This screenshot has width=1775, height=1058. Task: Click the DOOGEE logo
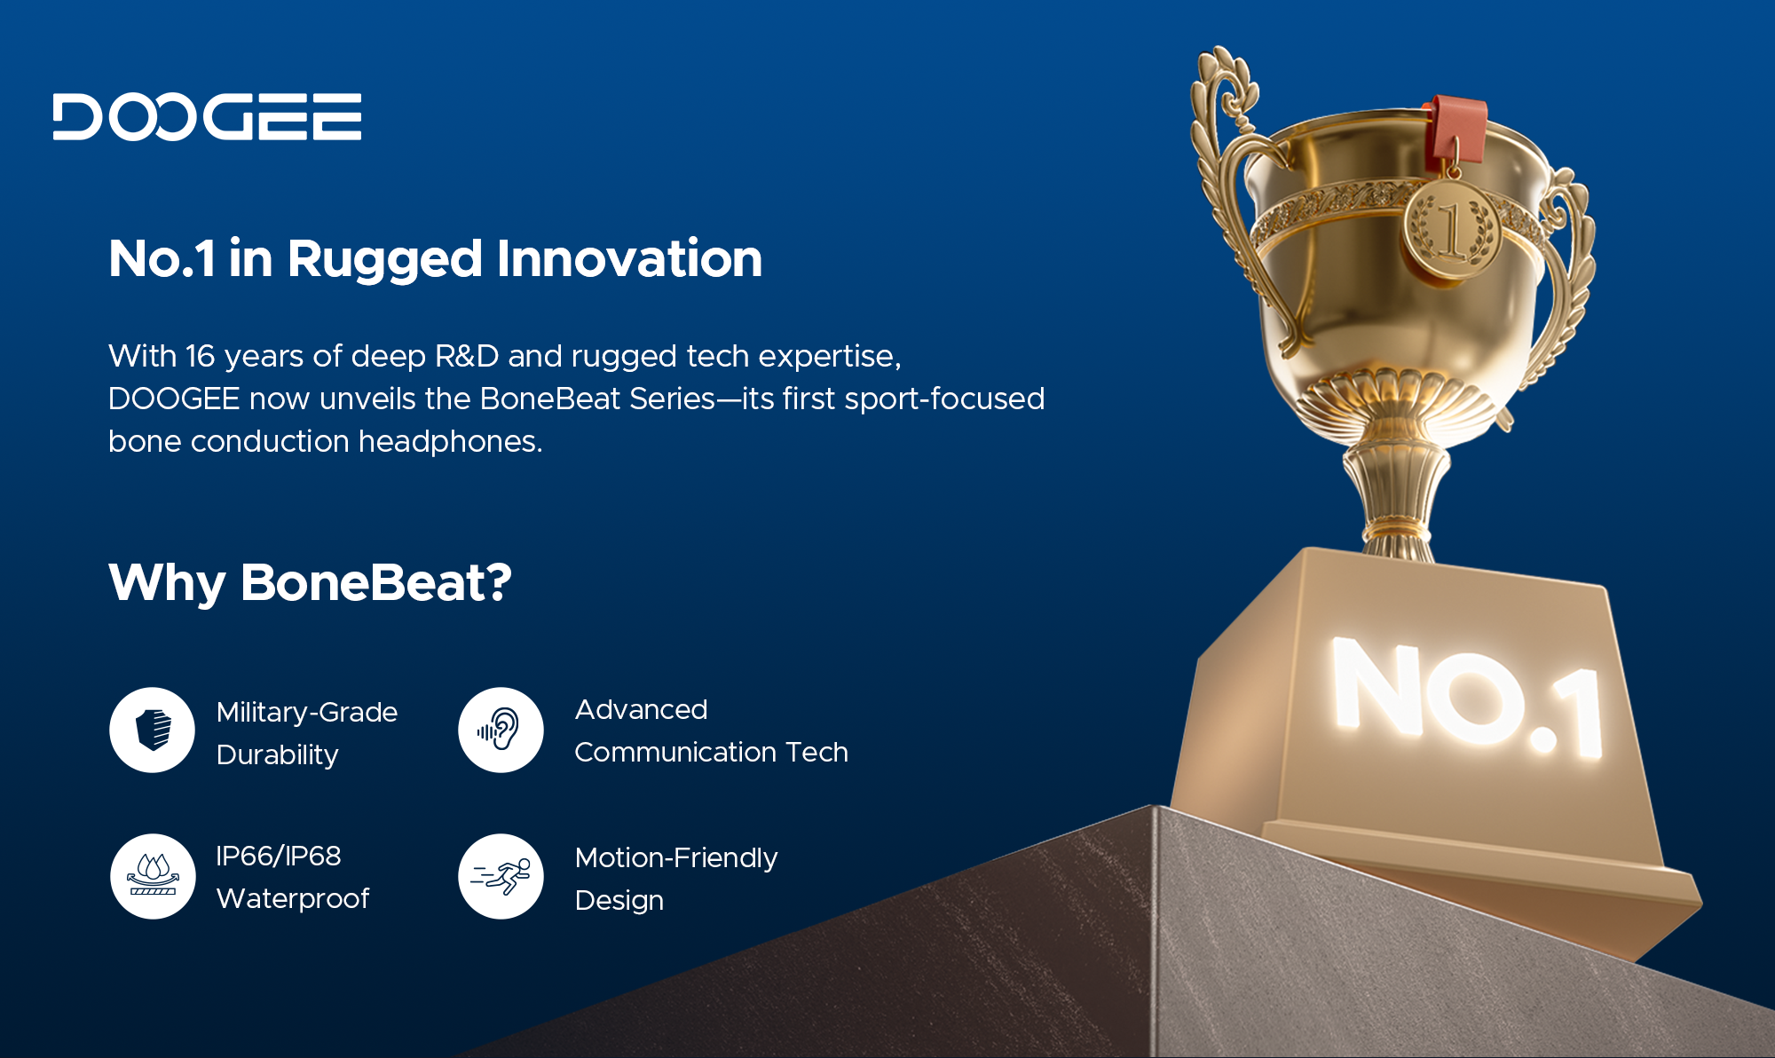(207, 116)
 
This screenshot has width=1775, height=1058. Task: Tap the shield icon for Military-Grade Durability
(153, 730)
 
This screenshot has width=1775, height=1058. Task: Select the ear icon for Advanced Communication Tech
(501, 730)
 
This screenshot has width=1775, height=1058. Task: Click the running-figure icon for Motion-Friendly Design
(501, 876)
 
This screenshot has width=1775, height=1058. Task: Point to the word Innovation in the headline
(629, 258)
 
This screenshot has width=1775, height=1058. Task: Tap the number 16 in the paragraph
(201, 356)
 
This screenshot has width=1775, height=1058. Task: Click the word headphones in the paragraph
(450, 441)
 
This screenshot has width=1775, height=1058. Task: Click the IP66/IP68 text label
(279, 856)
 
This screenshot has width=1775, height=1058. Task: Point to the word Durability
(278, 755)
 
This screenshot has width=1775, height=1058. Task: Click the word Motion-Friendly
(676, 858)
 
